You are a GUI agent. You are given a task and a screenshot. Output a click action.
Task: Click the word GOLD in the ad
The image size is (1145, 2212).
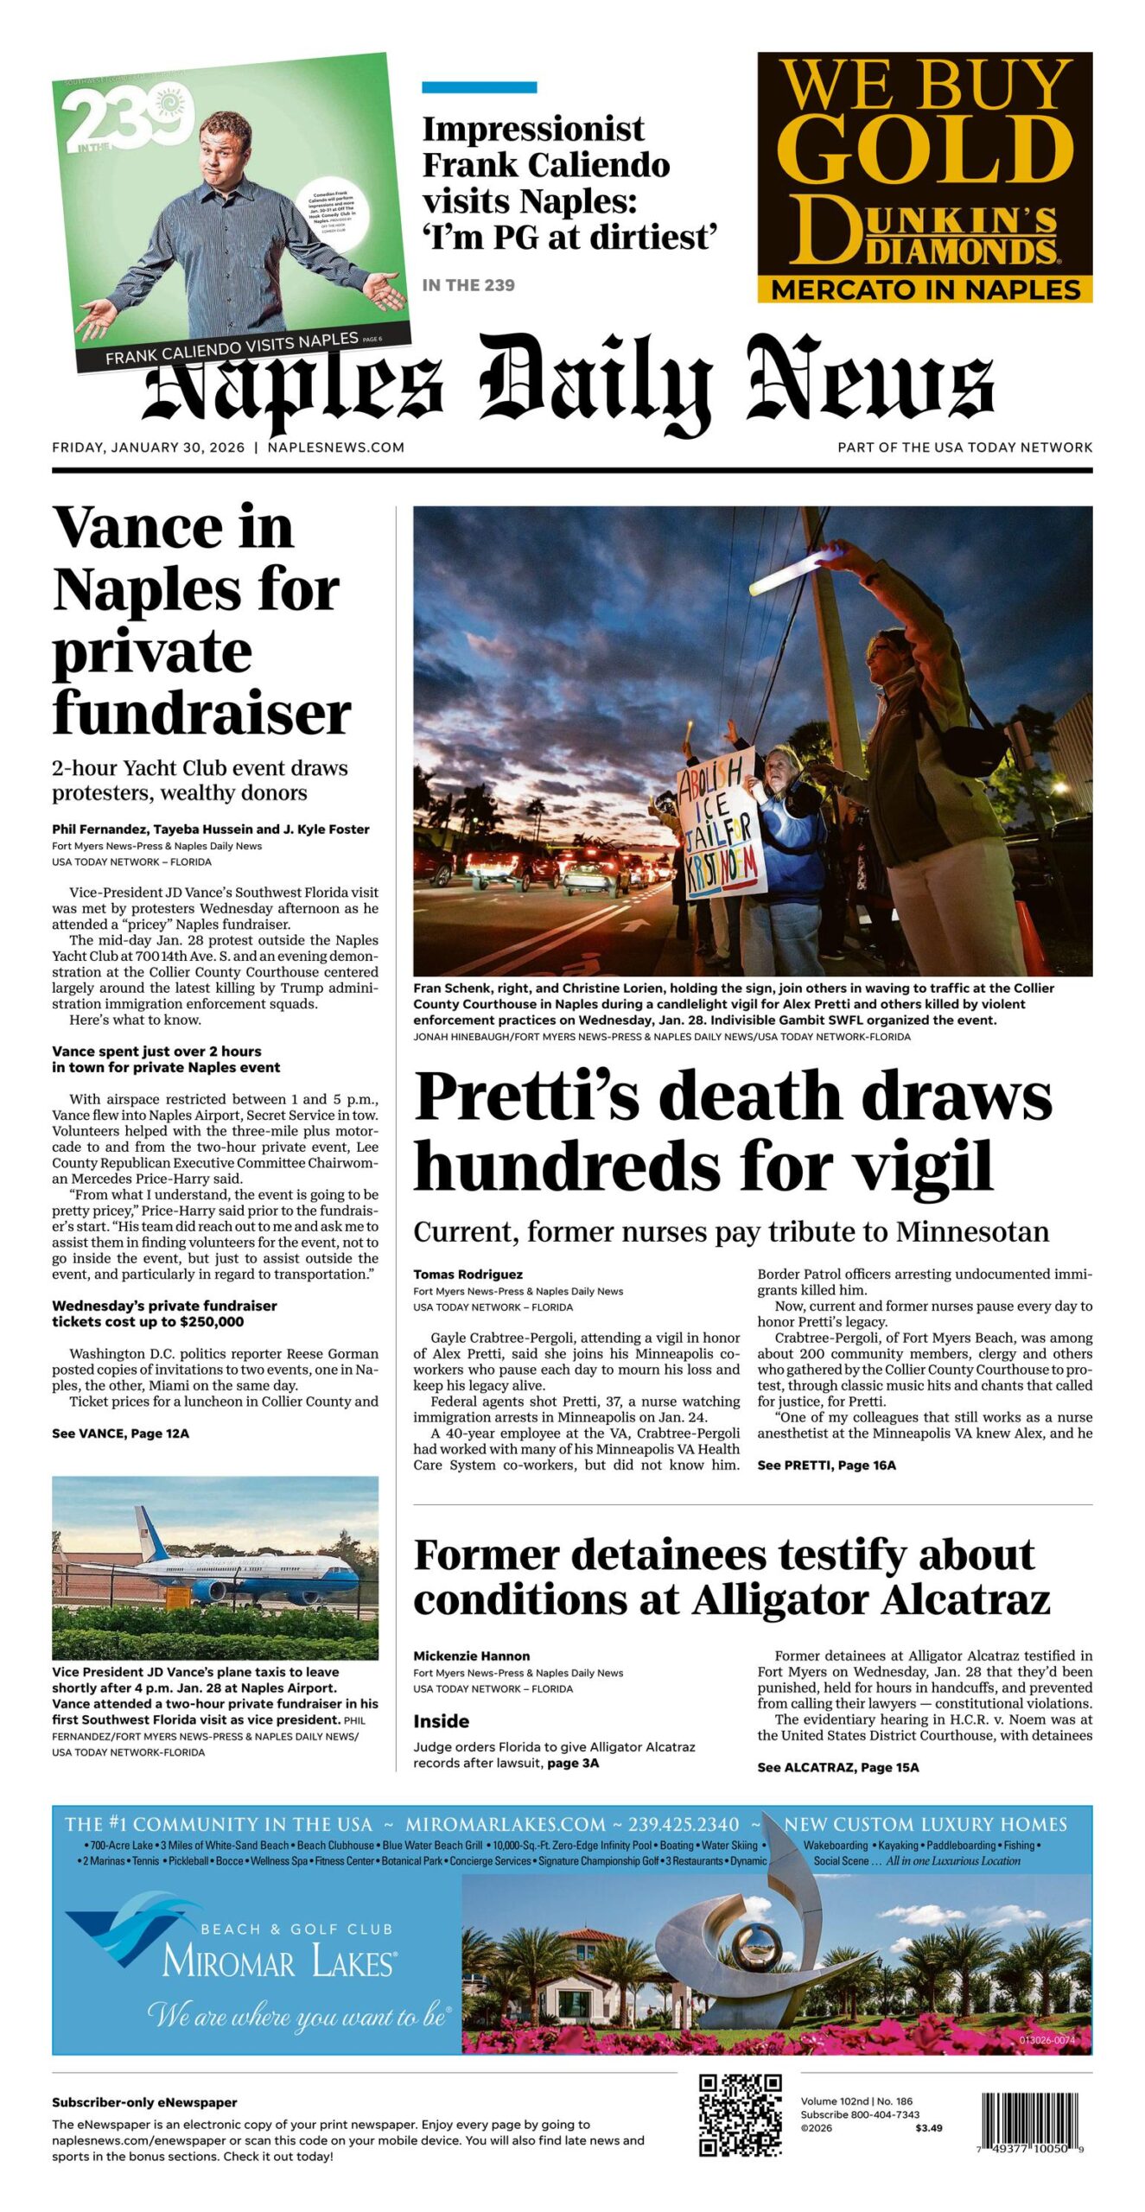point(925,150)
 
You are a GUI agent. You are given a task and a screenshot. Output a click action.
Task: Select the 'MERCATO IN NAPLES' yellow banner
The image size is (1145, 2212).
point(925,289)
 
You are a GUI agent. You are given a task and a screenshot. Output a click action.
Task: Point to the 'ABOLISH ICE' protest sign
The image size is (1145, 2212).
point(720,826)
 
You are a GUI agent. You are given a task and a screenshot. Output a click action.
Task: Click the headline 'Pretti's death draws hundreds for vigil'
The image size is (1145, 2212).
point(733,1130)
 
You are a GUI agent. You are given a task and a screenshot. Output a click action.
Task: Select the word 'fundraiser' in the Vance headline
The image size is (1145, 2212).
point(201,714)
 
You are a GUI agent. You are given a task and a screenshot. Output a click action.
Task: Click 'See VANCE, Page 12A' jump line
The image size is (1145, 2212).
point(120,1433)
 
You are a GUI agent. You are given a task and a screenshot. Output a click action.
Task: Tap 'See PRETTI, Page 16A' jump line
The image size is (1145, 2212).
point(826,1465)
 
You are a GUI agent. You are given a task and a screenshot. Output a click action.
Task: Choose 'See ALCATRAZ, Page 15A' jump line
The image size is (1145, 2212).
point(837,1767)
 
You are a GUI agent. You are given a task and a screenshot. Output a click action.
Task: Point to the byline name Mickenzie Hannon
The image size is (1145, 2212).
point(471,1656)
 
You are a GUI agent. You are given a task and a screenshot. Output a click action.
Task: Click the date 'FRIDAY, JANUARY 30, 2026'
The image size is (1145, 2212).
point(148,447)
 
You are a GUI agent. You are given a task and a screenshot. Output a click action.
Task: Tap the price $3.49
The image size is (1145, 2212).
point(928,2127)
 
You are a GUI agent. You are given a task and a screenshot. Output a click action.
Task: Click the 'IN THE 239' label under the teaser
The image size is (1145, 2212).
point(468,285)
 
